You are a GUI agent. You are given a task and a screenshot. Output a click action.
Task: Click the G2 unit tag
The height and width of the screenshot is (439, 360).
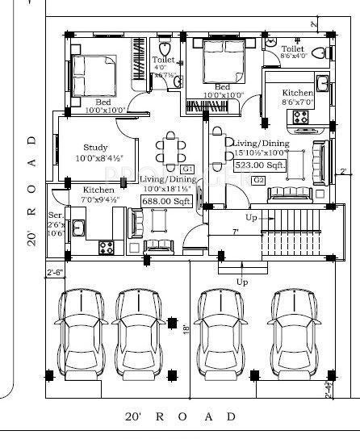pos(258,179)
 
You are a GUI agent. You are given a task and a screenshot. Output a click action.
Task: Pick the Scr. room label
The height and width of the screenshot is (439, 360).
pos(55,216)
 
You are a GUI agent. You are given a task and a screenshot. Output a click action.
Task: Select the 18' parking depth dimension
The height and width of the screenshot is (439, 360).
pos(185,329)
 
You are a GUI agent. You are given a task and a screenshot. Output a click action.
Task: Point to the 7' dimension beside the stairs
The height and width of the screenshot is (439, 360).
pos(235,231)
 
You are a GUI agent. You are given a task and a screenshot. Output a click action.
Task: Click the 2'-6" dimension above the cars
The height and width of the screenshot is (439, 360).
pos(55,272)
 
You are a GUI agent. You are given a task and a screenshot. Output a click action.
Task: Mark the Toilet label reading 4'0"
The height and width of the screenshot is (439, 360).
pos(162,61)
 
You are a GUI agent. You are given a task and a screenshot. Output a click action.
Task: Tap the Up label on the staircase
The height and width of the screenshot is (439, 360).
pos(252,218)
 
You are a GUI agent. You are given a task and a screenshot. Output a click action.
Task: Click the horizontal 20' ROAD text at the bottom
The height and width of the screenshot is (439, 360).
pos(181,417)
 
